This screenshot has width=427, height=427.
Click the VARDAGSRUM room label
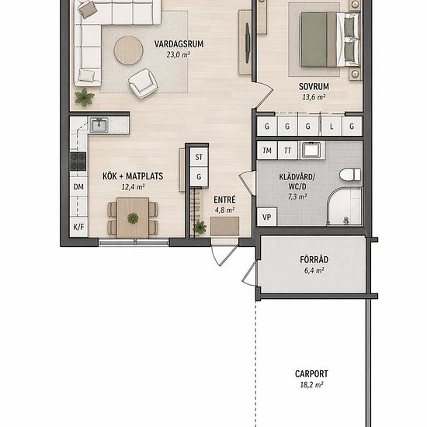coord(179,44)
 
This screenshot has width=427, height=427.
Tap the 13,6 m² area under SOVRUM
coord(314,97)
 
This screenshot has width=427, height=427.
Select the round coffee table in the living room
coord(129,50)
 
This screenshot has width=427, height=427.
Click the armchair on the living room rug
coord(143,84)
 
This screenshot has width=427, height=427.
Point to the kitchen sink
coord(99,125)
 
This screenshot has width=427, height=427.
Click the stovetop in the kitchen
coord(78,161)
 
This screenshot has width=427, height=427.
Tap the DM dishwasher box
coord(78,187)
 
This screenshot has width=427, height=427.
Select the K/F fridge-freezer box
coord(78,227)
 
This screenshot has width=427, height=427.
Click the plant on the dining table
coord(133,218)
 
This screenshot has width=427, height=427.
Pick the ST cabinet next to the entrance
coord(199,157)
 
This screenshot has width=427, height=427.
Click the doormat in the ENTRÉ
coord(224,226)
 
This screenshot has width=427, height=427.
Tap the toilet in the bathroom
coord(350,175)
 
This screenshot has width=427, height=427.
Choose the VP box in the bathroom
coord(267,217)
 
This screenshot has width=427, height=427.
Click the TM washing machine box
coord(267,151)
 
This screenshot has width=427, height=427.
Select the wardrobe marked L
coord(332,127)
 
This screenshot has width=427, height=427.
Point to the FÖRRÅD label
coord(314,259)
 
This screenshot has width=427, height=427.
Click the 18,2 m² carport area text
coord(311,385)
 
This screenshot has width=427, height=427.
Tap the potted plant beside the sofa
coord(85,97)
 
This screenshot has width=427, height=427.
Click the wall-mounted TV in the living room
coord(248,43)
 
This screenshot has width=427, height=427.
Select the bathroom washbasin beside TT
coord(312,150)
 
